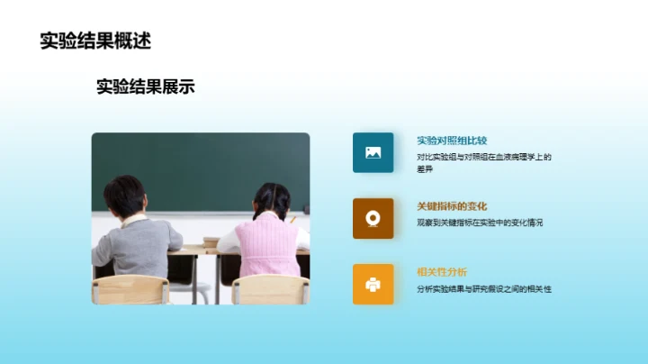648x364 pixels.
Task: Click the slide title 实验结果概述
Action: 95,41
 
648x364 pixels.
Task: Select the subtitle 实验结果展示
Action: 145,86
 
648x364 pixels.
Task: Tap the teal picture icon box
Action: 373,152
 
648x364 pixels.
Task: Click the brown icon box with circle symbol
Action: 373,218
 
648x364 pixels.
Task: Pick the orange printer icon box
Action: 373,284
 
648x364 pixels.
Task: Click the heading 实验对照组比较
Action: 452,141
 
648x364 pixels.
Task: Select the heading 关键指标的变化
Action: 452,206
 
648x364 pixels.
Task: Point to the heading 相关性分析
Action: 441,272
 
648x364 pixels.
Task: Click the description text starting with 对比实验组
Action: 483,157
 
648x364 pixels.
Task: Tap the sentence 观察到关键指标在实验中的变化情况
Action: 480,222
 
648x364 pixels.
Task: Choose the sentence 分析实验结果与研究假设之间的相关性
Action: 483,288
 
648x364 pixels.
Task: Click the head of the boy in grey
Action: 124,195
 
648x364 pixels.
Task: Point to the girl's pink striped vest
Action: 267,248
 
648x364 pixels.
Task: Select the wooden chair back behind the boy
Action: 130,289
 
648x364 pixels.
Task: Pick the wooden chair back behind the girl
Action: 269,289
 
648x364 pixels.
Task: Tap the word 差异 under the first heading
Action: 425,168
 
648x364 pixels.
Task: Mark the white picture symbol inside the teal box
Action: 373,152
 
